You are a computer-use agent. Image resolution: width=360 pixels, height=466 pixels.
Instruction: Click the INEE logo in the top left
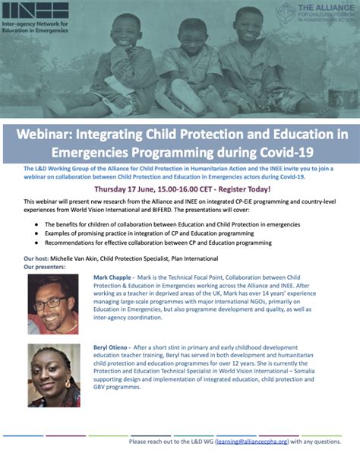coord(38,14)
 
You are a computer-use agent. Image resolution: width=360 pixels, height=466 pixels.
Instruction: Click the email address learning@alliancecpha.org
coord(256,440)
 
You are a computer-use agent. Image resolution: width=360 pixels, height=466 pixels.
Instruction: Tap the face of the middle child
coord(182,34)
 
